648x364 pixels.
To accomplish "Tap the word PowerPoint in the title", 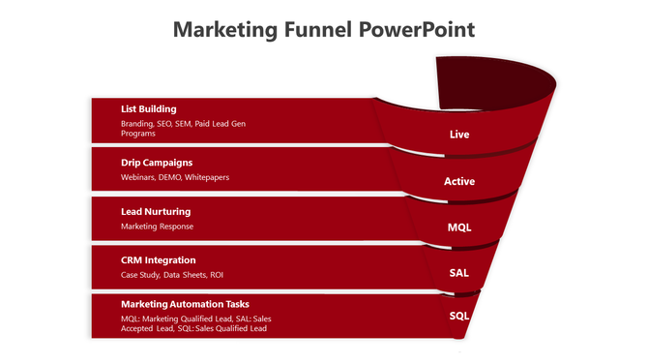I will [x=417, y=29].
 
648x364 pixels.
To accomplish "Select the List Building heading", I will [x=148, y=109].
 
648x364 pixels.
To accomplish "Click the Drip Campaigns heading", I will [x=157, y=163].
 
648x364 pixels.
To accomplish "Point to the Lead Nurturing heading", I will [x=156, y=211].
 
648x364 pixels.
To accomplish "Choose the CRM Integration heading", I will [x=159, y=260].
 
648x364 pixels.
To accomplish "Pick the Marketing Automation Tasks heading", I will [x=185, y=304].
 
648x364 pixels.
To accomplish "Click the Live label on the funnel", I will [x=459, y=135].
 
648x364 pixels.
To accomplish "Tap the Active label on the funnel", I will [x=459, y=181].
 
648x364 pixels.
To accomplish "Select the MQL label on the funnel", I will [x=459, y=227].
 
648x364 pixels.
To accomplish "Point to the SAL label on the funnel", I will [x=459, y=273].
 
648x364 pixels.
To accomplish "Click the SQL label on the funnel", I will [x=459, y=316].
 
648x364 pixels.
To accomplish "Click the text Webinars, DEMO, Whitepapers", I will [x=175, y=178].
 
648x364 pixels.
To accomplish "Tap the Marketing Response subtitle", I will [x=157, y=227].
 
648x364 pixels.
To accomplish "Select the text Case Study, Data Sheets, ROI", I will [x=172, y=276].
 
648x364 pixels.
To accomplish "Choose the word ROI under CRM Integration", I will [x=216, y=276].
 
